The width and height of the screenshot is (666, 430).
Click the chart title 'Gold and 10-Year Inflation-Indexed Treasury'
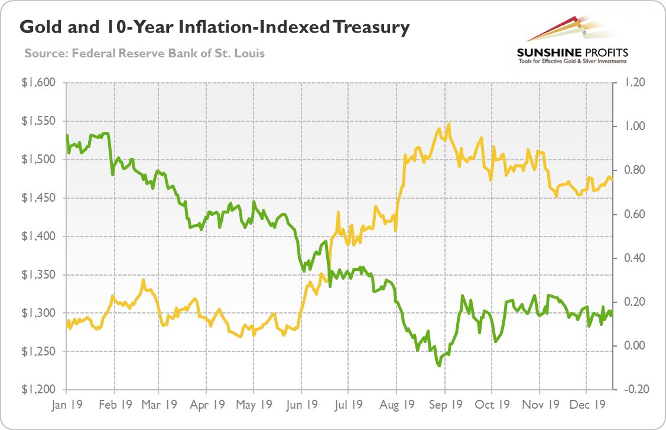pos(215,28)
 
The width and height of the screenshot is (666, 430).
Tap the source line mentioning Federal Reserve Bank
pos(145,53)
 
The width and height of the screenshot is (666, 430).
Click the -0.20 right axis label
pos(631,390)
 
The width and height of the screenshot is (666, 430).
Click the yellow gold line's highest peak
pos(449,124)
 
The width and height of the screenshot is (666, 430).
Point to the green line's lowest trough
pos(439,366)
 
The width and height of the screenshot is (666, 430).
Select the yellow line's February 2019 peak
pos(143,279)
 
